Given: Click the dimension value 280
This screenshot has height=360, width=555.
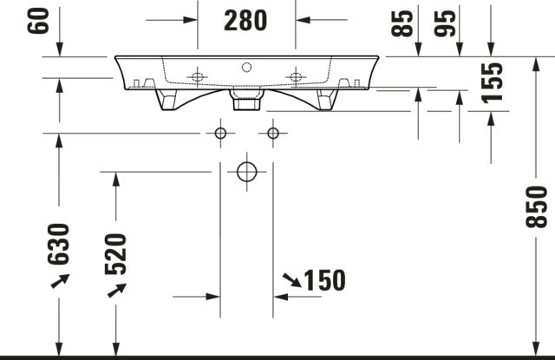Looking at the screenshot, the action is pos(245,21).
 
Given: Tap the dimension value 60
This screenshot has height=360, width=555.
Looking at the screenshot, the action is pos(38,21).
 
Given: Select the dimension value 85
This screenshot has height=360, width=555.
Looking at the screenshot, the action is pos(402,23).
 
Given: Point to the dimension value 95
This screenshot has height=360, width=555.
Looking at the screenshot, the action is pos(445,23).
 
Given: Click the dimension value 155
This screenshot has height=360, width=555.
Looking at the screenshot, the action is pos(492,82).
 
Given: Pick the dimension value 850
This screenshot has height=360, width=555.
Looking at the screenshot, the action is pos(536,207).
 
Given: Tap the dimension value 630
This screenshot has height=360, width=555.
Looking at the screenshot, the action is pos(58,245).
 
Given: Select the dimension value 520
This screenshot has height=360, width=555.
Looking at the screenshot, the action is pos(115,254).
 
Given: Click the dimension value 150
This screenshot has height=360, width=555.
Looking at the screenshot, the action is pos(324,280).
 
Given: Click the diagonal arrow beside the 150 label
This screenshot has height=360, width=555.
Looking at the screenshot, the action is pos(292,280).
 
